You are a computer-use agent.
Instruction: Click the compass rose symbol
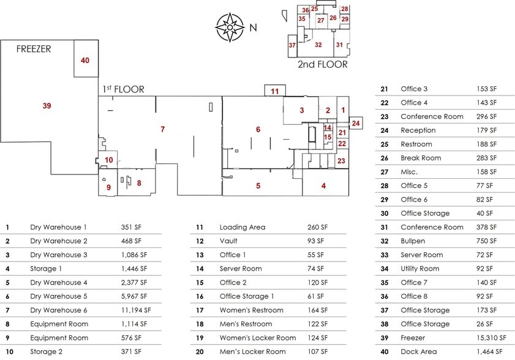tap(230, 27)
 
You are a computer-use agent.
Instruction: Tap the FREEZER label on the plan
tap(34, 49)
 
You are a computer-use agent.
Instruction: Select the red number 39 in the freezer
tap(47, 106)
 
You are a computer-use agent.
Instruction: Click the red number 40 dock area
tap(85, 60)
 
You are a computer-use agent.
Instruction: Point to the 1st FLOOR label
tap(124, 89)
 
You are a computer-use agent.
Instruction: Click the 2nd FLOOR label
tap(322, 64)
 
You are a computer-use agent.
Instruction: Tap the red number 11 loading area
tap(275, 91)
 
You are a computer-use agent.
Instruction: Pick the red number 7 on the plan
tap(163, 129)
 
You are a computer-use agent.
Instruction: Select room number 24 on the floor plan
tap(356, 123)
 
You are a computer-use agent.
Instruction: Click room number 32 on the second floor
tap(318, 45)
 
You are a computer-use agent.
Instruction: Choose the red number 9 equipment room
tap(108, 187)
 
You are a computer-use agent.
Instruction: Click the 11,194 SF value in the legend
tap(136, 310)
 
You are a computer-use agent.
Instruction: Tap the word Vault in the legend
tap(228, 241)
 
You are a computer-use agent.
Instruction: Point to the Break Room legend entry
tap(421, 158)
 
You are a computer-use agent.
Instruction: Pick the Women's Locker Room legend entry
tap(258, 338)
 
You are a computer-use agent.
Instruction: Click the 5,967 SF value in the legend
tap(134, 296)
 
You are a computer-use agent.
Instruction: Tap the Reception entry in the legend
tap(418, 130)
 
